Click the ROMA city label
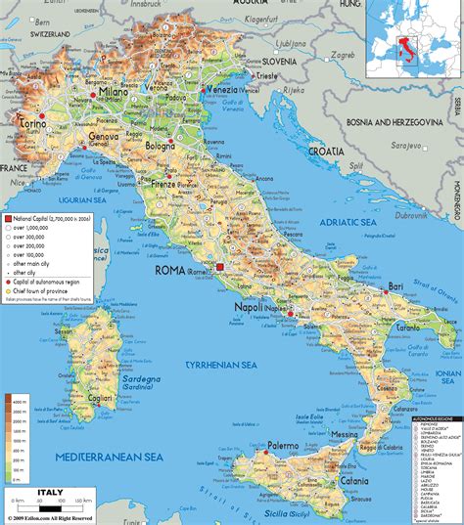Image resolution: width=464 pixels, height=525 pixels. pyautogui.click(x=172, y=269)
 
